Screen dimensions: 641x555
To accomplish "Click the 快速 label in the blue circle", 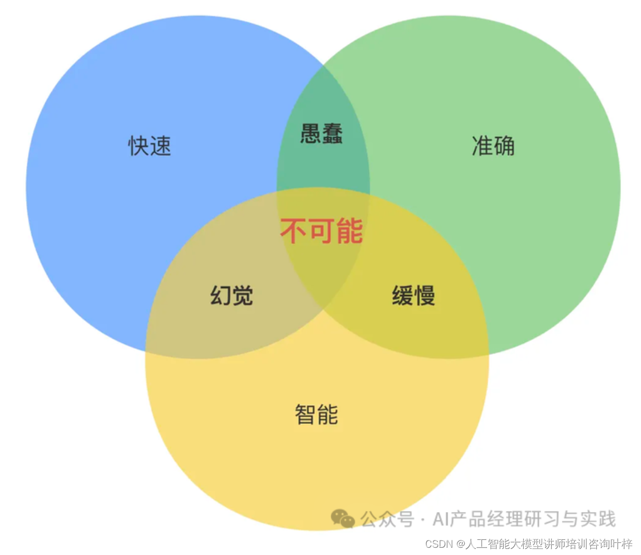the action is (x=150, y=146).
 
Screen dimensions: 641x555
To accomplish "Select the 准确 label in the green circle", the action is (x=493, y=146).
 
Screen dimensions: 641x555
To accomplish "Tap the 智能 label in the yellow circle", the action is (x=316, y=414).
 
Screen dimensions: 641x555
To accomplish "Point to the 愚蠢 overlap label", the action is (x=321, y=134).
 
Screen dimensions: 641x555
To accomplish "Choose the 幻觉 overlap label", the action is (x=232, y=296).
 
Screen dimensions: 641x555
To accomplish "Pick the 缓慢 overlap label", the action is (x=413, y=296).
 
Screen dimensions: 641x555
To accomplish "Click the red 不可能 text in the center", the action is (x=321, y=231).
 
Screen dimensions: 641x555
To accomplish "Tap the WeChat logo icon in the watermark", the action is (x=343, y=519).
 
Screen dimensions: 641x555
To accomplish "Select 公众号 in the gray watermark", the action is (x=387, y=519).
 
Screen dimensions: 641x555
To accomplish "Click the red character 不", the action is (x=293, y=231).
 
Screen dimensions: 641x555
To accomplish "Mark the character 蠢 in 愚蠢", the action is (x=332, y=134).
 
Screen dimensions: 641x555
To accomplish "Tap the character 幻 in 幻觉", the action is (x=221, y=296).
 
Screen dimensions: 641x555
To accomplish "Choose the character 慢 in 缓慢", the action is (x=425, y=296).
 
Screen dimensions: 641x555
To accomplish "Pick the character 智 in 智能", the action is (x=306, y=414).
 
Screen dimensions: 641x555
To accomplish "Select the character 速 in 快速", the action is (x=161, y=146).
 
